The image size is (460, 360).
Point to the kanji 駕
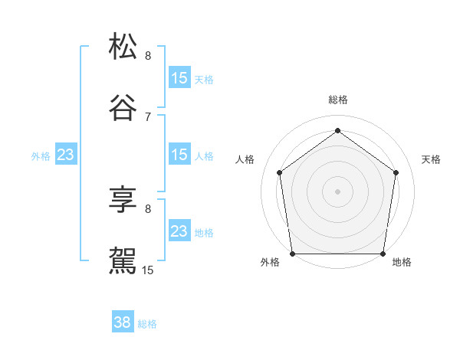pos(123,260)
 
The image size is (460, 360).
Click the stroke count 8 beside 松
pos(148,56)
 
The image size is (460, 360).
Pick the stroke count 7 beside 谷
pos(148,117)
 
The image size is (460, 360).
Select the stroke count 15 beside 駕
pos(148,270)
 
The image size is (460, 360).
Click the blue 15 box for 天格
pos(179,78)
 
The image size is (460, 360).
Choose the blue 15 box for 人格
pos(179,155)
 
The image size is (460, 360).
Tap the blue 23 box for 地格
pos(179,231)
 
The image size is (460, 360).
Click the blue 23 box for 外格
pos(65,155)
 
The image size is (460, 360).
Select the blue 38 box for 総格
pos(123,322)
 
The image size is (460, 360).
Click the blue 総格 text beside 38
pos(147,324)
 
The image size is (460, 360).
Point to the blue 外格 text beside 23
pos(41,156)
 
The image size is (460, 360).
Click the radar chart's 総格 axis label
pos(338,100)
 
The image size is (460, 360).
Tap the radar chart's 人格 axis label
pos(245,159)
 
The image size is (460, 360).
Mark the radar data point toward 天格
pos(396,172)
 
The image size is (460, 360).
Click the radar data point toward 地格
pos(383,254)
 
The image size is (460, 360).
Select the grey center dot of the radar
pos(338,191)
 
